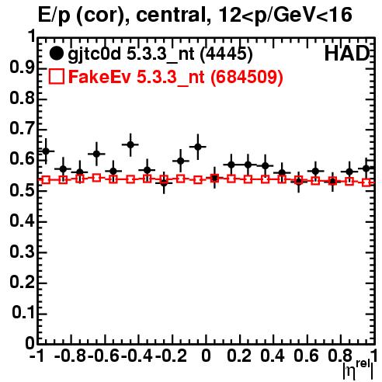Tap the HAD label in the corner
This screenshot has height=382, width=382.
[x=347, y=54]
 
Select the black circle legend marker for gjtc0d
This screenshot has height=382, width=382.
[x=56, y=54]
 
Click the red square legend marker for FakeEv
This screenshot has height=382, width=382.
[x=56, y=77]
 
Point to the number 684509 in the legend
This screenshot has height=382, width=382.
[x=246, y=77]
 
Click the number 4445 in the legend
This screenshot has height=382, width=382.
[x=227, y=54]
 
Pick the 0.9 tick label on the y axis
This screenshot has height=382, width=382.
[x=22, y=68]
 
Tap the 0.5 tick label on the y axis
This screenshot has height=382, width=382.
[x=22, y=190]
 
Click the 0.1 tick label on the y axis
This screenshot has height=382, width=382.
[x=23, y=313]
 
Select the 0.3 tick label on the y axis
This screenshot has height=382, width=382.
[x=22, y=252]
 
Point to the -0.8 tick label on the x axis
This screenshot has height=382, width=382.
[x=71, y=356]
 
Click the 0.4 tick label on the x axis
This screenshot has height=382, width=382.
[x=273, y=356]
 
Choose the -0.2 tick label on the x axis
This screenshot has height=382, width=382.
[x=172, y=356]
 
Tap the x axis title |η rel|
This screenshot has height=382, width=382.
[x=358, y=370]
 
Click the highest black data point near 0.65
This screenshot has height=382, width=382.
[x=130, y=144]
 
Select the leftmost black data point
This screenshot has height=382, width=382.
[x=46, y=151]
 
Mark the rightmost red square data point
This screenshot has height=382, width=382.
[x=366, y=182]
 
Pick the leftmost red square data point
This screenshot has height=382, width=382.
[x=46, y=179]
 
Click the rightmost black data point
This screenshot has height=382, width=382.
[x=366, y=168]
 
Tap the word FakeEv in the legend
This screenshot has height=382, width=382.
[x=99, y=77]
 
